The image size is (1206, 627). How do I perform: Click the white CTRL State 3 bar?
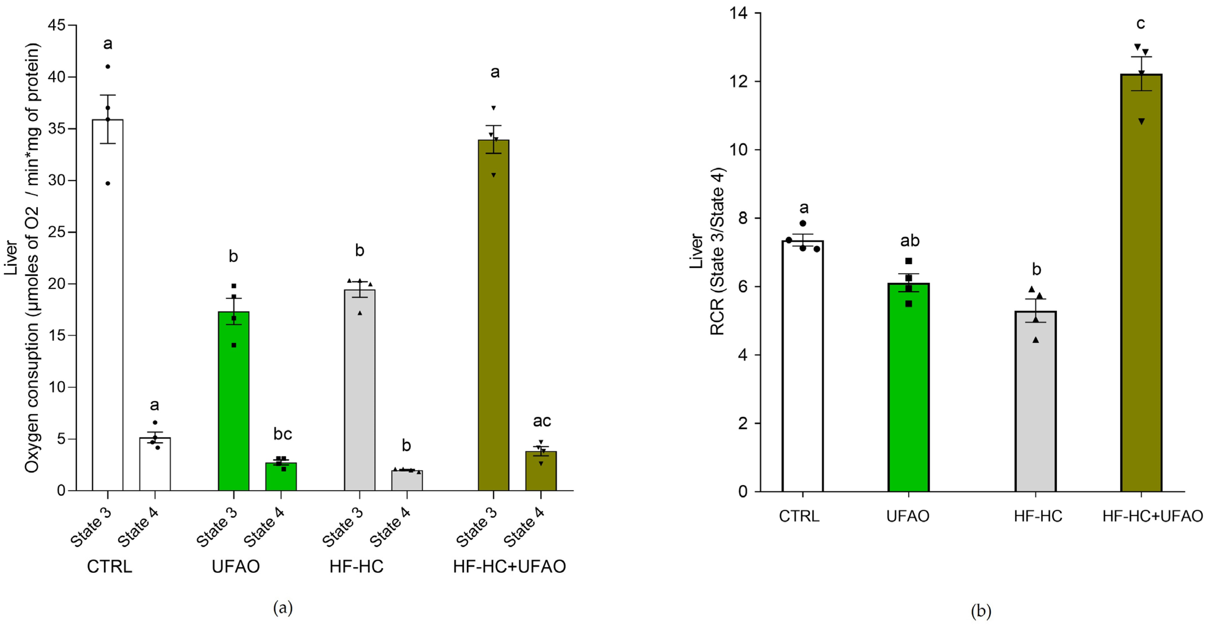(108, 304)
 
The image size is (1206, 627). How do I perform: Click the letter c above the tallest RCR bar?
(1141, 23)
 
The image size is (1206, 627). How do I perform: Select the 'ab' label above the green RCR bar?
(910, 241)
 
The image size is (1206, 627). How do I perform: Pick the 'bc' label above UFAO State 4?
(283, 434)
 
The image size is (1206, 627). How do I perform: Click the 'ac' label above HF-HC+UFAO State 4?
(542, 421)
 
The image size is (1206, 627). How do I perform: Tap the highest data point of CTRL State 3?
(108, 66)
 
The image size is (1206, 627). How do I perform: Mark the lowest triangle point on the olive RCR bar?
(1142, 122)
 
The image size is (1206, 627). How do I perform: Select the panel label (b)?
(981, 611)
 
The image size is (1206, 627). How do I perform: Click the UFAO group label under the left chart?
(236, 567)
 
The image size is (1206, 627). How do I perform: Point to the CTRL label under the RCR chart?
(799, 516)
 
